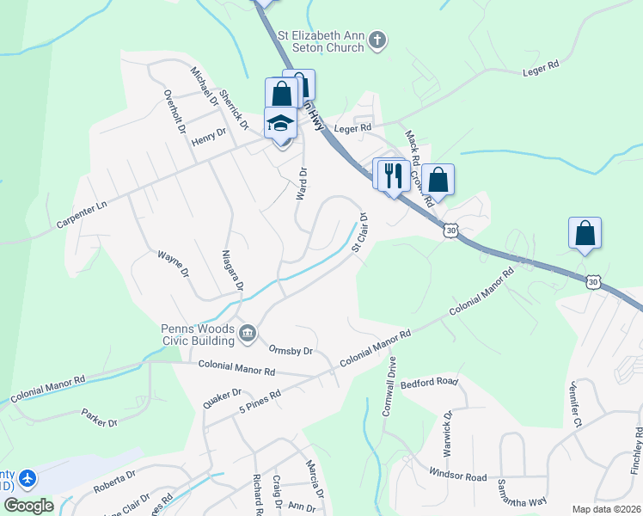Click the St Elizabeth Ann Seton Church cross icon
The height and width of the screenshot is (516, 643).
pyautogui.click(x=377, y=40)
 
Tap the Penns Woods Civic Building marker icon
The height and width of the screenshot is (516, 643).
pyautogui.click(x=248, y=332)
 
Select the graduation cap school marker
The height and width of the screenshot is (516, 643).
pyautogui.click(x=280, y=124)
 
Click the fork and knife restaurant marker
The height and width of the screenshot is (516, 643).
pyautogui.click(x=394, y=175)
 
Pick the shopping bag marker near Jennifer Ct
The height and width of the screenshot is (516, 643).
pyautogui.click(x=585, y=233)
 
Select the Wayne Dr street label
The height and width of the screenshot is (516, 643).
pyautogui.click(x=172, y=260)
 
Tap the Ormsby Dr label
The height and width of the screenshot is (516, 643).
pyautogui.click(x=290, y=351)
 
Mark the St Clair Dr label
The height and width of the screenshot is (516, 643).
pyautogui.click(x=360, y=233)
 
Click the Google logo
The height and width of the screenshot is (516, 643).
pyautogui.click(x=29, y=505)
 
